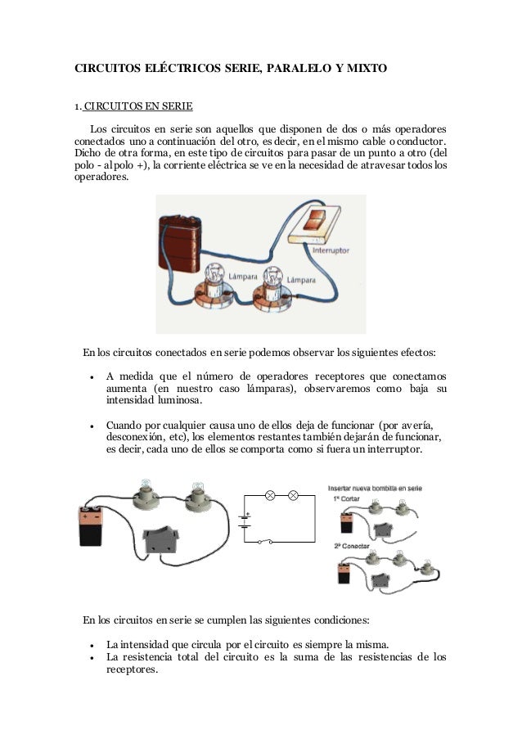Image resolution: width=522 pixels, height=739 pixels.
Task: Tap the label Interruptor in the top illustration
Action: pos(331,250)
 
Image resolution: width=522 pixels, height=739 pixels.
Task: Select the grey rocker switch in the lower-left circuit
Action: pos(164,539)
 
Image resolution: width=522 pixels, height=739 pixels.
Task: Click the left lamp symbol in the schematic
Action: pos(269,495)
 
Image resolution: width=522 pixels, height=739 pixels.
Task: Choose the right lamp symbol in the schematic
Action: pos(292,495)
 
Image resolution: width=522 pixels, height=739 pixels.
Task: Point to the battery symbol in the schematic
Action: pos(243,521)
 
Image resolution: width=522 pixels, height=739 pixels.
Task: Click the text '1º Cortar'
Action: pos(346,498)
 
